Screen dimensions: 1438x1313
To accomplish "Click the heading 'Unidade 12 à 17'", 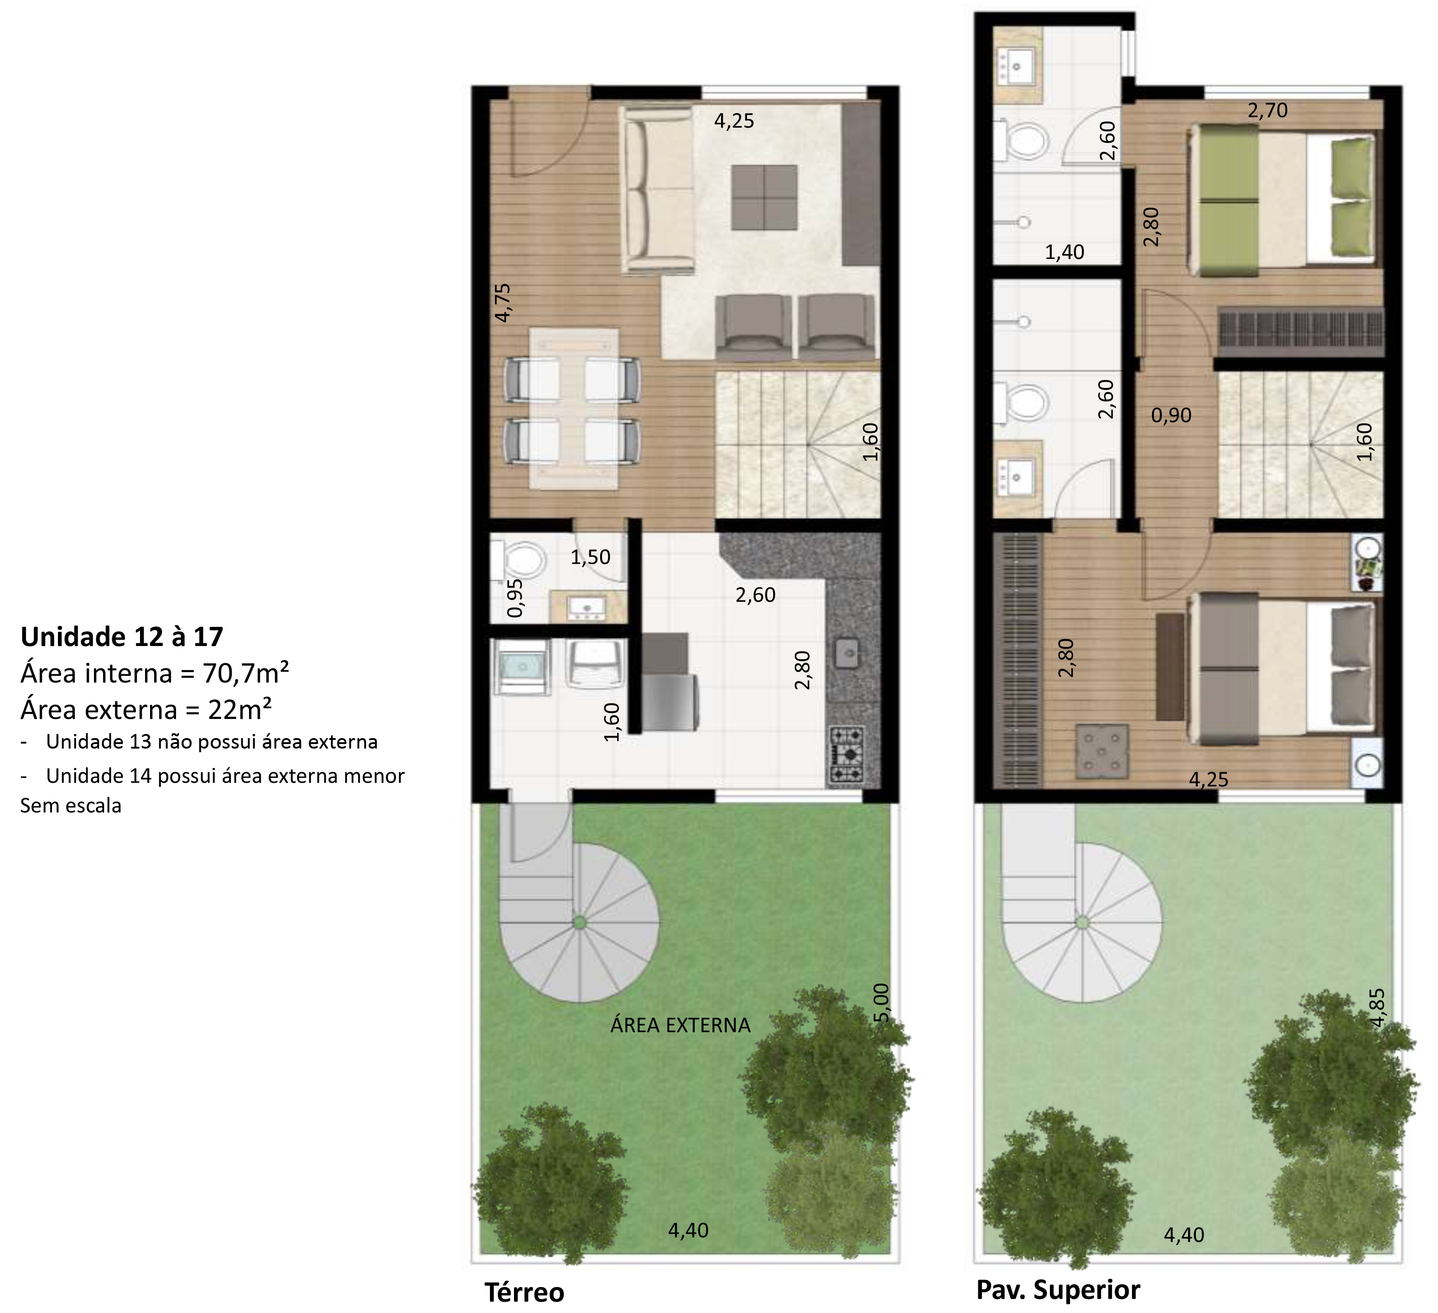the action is click(122, 636).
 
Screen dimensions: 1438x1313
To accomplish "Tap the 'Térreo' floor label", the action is click(524, 1292).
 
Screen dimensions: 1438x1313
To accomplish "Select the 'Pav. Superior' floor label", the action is click(1058, 1289).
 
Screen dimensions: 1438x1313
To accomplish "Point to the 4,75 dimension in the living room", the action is click(503, 302).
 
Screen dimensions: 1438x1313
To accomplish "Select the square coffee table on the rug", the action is click(764, 197).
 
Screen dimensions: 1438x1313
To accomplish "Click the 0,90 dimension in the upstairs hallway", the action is click(1171, 415).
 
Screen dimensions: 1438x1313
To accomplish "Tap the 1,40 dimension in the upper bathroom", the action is click(1064, 252).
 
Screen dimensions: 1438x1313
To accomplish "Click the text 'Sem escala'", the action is click(71, 806).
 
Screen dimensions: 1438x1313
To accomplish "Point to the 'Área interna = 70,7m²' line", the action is click(155, 672).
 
